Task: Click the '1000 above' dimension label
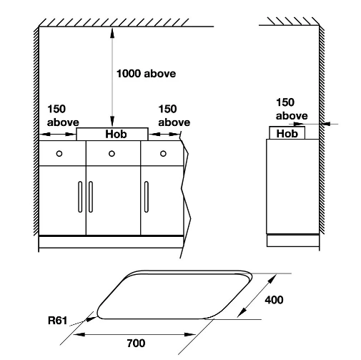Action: click(146, 74)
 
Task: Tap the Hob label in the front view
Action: click(116, 134)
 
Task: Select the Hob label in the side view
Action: click(287, 134)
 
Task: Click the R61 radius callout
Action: click(57, 320)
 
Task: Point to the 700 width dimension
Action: click(136, 343)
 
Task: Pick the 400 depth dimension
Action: click(274, 300)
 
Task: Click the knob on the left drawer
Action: click(59, 154)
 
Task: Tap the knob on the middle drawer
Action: click(112, 154)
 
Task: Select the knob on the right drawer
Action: click(163, 154)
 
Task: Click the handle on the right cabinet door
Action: click(147, 197)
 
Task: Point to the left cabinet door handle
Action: click(80, 197)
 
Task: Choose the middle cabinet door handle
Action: click(91, 197)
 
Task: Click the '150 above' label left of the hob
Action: click(63, 116)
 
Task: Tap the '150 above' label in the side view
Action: click(292, 109)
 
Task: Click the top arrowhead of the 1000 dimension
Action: click(112, 33)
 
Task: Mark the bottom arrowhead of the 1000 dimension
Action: click(112, 122)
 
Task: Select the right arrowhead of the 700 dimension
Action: click(190, 334)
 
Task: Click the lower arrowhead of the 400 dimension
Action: click(242, 312)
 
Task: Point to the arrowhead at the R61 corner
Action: click(92, 318)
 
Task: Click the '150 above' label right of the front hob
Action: click(174, 116)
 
